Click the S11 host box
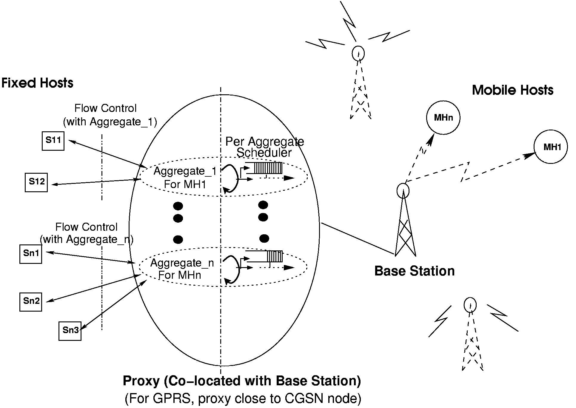[x=53, y=141]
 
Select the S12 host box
[x=36, y=182]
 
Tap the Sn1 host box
[x=31, y=254]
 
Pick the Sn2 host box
[x=31, y=302]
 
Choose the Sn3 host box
[x=70, y=331]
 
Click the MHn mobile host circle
[x=443, y=118]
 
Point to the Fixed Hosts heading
[x=37, y=83]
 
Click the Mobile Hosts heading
[x=512, y=90]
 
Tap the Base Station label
[x=414, y=271]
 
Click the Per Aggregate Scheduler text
[x=264, y=147]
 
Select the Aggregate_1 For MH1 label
[x=185, y=178]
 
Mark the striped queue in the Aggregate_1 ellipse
[x=267, y=168]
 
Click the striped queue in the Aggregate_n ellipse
[x=275, y=256]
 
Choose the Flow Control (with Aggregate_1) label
[x=110, y=115]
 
